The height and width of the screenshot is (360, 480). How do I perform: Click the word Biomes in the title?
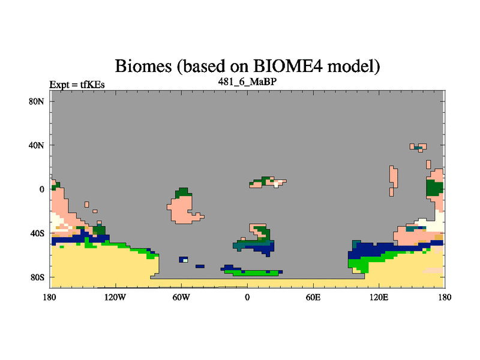click(x=143, y=67)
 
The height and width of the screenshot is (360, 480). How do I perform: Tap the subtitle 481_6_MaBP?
click(x=247, y=82)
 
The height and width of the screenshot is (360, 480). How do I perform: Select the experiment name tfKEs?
click(x=92, y=85)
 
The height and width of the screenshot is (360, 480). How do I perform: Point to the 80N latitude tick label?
click(x=37, y=101)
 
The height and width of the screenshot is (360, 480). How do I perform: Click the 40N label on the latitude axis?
click(x=37, y=145)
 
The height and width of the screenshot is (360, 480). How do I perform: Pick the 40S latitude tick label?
click(x=37, y=233)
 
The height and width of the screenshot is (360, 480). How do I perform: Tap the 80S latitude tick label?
click(x=37, y=277)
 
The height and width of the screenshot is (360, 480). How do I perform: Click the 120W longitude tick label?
click(x=115, y=297)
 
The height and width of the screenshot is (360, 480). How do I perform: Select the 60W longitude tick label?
click(x=181, y=297)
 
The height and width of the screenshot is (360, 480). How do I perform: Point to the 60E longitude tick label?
click(x=313, y=297)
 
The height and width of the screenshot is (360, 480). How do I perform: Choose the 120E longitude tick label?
click(x=379, y=297)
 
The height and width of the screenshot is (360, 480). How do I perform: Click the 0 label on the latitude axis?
click(x=41, y=190)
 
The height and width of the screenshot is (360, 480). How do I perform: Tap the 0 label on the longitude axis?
click(x=247, y=297)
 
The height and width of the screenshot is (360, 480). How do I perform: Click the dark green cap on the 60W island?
click(x=183, y=192)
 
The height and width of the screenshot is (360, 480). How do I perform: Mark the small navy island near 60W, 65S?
click(x=184, y=260)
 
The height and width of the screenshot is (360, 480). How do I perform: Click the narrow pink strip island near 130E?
click(x=394, y=181)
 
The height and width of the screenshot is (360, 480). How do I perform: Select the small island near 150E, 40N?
click(x=418, y=147)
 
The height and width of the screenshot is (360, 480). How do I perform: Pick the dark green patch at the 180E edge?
click(x=434, y=188)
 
